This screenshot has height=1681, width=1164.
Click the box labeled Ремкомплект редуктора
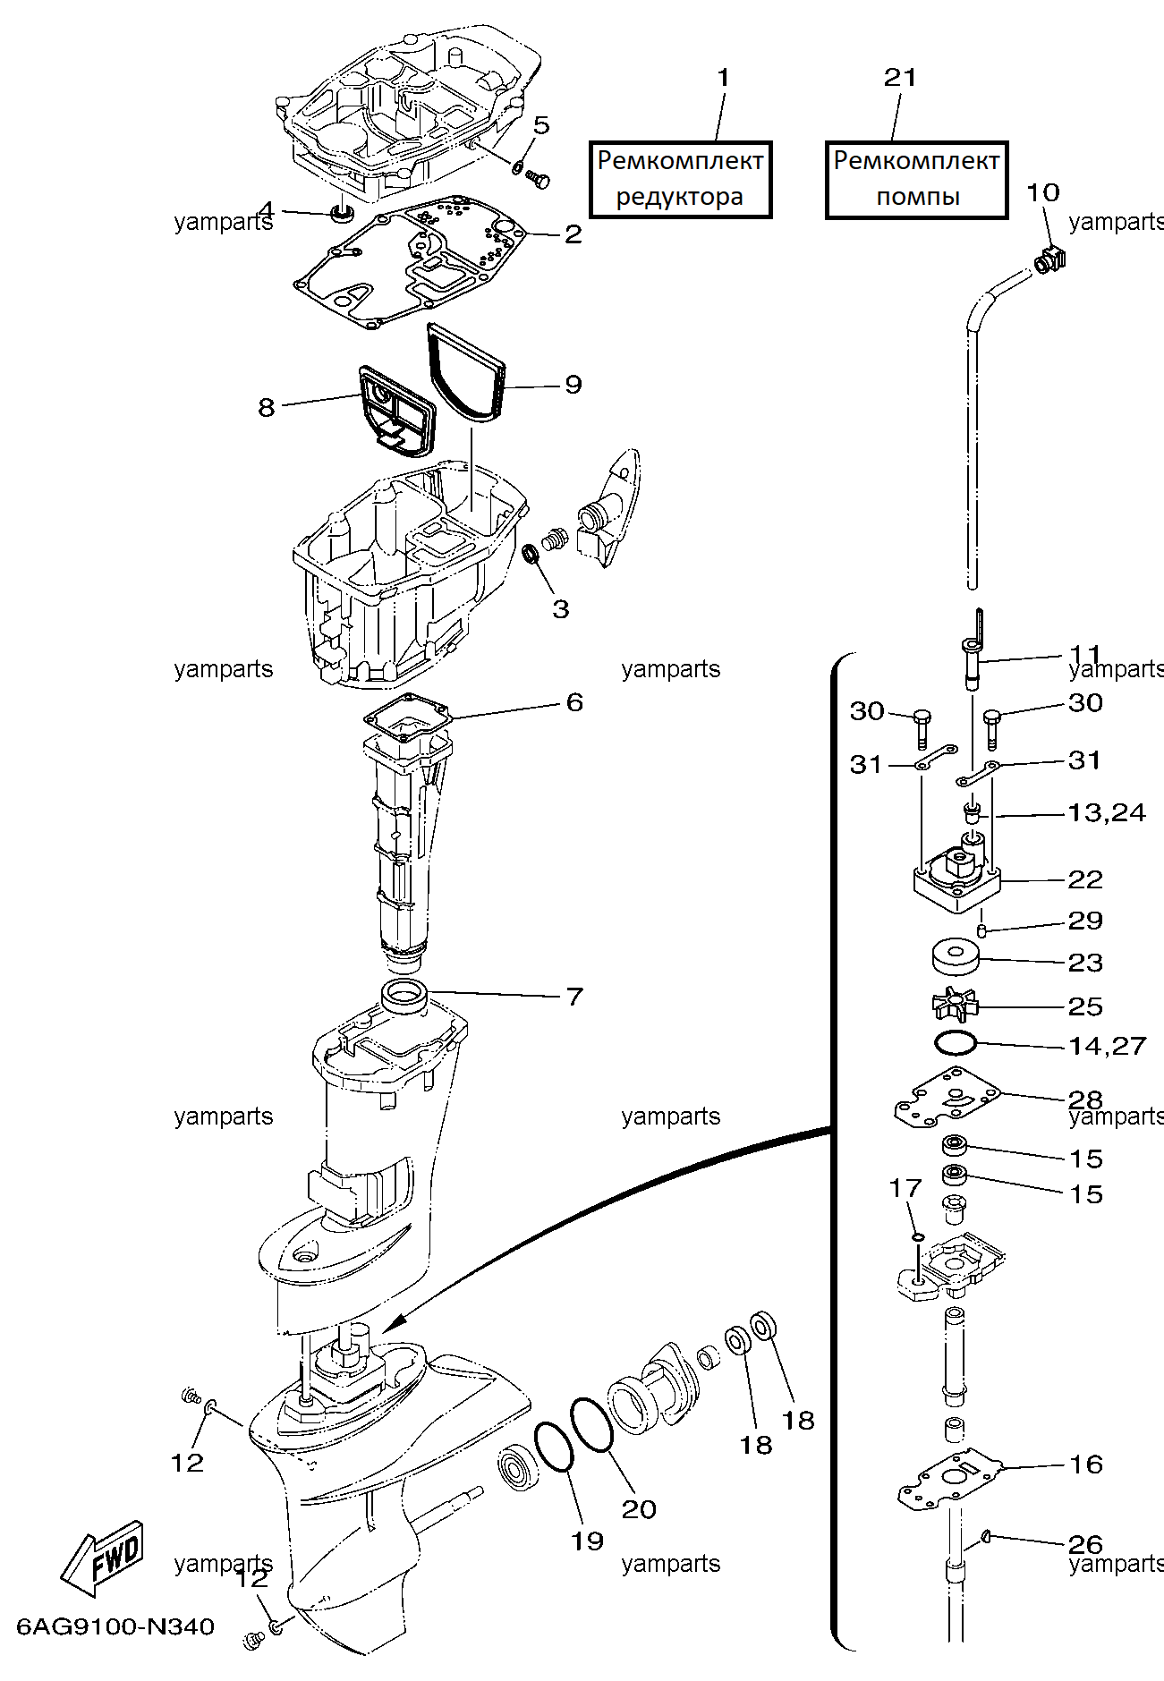click(x=680, y=179)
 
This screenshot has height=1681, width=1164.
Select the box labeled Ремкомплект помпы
click(x=916, y=179)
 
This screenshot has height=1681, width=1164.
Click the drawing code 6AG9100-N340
click(x=115, y=1626)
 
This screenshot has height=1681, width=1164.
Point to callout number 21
click(x=900, y=78)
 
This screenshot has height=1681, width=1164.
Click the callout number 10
click(x=1043, y=192)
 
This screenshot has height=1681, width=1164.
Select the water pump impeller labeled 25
click(x=956, y=1005)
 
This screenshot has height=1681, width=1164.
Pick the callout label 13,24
click(x=1107, y=812)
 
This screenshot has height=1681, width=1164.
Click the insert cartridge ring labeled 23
click(x=956, y=956)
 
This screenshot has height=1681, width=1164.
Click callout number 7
click(x=574, y=996)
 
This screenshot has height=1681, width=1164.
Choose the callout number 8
click(x=266, y=408)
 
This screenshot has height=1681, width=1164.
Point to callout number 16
click(x=1086, y=1465)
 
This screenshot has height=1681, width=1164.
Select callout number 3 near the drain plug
click(x=560, y=609)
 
